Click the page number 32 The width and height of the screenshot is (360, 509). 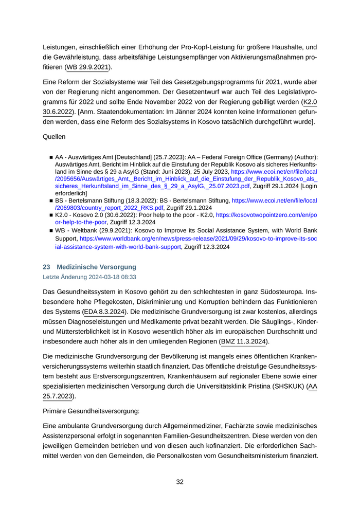coord(179,482)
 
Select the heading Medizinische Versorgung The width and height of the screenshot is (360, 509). coord(96,267)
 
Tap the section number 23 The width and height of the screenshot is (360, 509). coord(46,267)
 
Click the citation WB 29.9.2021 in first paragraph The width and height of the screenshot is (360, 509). coord(87,67)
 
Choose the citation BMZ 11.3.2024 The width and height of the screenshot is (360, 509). coord(244,341)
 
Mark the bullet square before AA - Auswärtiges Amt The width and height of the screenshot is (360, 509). coord(51,157)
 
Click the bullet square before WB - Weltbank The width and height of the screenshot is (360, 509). coord(51,231)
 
